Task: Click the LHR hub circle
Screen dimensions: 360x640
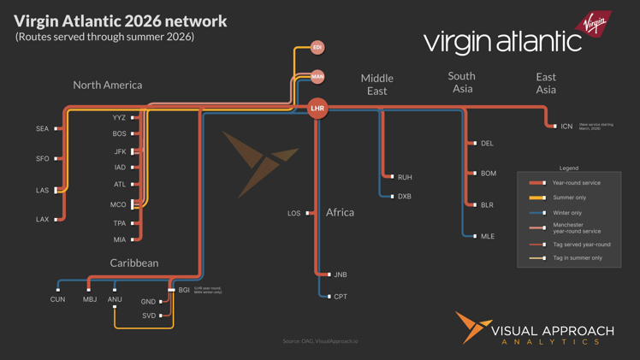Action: coord(317,109)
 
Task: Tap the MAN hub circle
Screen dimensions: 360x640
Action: coord(317,77)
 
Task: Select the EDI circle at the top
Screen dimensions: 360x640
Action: coord(317,48)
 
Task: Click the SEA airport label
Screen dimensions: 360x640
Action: coord(43,129)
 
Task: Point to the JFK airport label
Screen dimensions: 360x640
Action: coord(120,151)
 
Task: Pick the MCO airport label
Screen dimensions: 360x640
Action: coord(118,205)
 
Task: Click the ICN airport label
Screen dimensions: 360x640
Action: coord(566,127)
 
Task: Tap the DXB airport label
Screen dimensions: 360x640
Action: coord(405,197)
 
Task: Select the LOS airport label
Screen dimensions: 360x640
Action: coord(294,213)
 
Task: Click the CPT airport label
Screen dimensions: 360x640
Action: coord(341,297)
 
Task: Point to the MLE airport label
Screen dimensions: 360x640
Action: coord(488,236)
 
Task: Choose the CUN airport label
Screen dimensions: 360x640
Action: coord(57,299)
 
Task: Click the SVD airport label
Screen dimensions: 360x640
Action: coord(149,316)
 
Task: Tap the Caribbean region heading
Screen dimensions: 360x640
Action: coord(134,263)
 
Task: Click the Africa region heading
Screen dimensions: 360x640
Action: coord(340,212)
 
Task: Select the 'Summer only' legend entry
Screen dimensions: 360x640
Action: coord(569,198)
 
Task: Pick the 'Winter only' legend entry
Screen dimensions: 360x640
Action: coord(567,213)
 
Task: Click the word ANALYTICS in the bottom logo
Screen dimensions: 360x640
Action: coord(551,342)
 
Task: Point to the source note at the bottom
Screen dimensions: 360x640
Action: coord(320,341)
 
